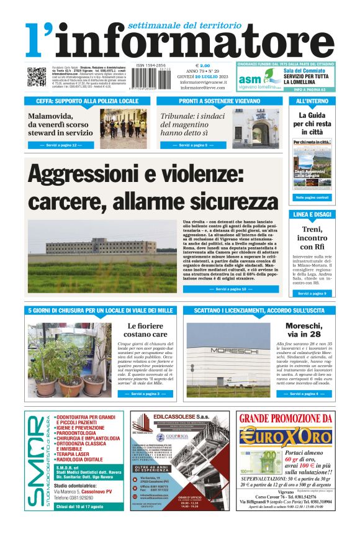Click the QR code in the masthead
pos(36,77)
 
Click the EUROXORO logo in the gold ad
pos(286,436)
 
